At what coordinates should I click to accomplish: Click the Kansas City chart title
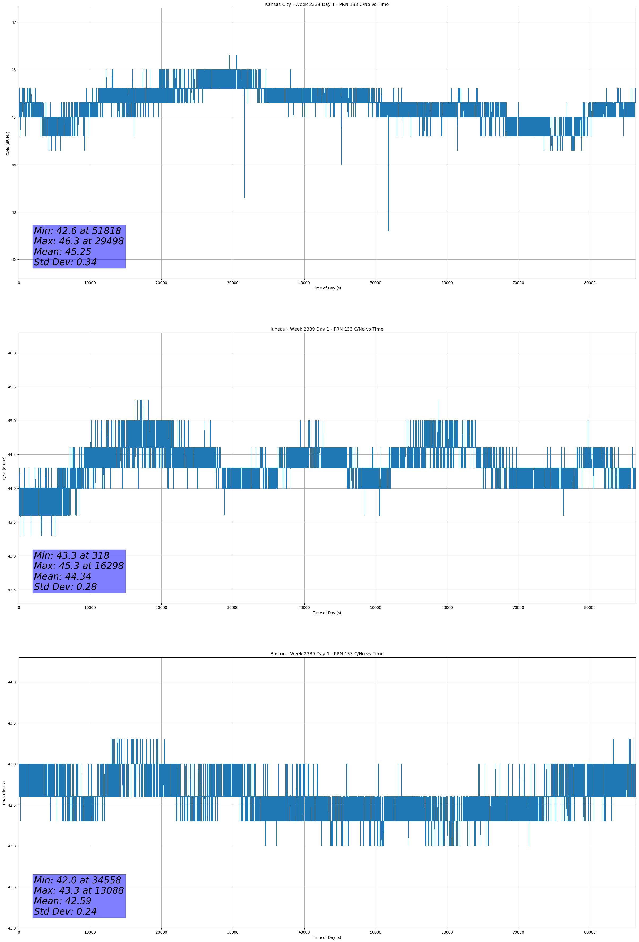(x=327, y=5)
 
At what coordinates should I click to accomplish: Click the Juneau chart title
(x=327, y=329)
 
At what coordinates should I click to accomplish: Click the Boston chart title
(x=327, y=654)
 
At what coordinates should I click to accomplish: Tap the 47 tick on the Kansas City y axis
(x=14, y=22)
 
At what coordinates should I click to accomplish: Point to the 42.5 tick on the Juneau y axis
(x=12, y=590)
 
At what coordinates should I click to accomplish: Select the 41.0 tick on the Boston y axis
(x=12, y=928)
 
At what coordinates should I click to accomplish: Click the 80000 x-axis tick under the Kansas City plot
(x=590, y=283)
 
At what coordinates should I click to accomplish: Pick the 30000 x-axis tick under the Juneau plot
(x=232, y=607)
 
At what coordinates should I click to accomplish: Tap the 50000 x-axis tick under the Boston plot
(x=375, y=932)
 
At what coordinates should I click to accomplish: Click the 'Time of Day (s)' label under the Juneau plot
(x=327, y=613)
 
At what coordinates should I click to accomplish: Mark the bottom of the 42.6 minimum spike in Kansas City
(x=388, y=231)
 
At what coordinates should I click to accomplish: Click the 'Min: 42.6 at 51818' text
(x=77, y=231)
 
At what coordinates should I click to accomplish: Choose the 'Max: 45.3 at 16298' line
(x=79, y=566)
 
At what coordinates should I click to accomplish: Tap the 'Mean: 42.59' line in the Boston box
(x=62, y=901)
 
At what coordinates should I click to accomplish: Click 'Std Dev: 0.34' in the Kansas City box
(x=65, y=262)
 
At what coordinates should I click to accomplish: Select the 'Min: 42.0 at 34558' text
(x=77, y=880)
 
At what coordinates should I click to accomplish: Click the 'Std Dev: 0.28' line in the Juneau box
(x=65, y=587)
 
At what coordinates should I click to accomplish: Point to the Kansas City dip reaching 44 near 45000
(x=342, y=164)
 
